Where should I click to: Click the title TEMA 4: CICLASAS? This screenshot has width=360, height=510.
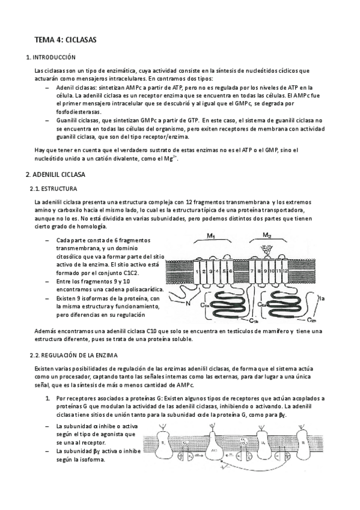[65, 40]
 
